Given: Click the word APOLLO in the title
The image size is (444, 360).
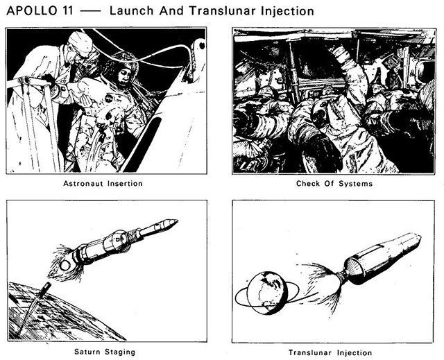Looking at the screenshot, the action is click(x=32, y=11).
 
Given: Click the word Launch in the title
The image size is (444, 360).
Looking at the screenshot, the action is click(x=131, y=11).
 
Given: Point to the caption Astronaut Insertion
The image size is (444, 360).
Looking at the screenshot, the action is click(x=103, y=183).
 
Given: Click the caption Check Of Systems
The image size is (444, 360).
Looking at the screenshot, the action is click(x=334, y=184).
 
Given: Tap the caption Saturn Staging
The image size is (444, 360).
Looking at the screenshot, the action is click(x=105, y=352).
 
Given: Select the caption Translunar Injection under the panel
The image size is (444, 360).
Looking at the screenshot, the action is click(x=330, y=352).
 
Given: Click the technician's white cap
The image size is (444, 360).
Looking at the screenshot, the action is click(x=80, y=42).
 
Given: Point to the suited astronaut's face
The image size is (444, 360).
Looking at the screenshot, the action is click(x=124, y=76).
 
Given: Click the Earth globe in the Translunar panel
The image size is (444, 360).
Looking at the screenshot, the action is click(x=267, y=293).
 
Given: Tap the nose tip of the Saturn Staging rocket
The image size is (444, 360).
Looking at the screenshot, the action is click(x=178, y=220).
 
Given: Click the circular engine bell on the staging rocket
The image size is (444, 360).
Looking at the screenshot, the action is click(x=65, y=266).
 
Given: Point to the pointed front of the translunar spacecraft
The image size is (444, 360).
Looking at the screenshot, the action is click(x=418, y=239).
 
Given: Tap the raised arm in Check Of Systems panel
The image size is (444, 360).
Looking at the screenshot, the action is click(x=348, y=71).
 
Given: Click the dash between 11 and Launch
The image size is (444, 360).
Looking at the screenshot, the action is click(x=90, y=11).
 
